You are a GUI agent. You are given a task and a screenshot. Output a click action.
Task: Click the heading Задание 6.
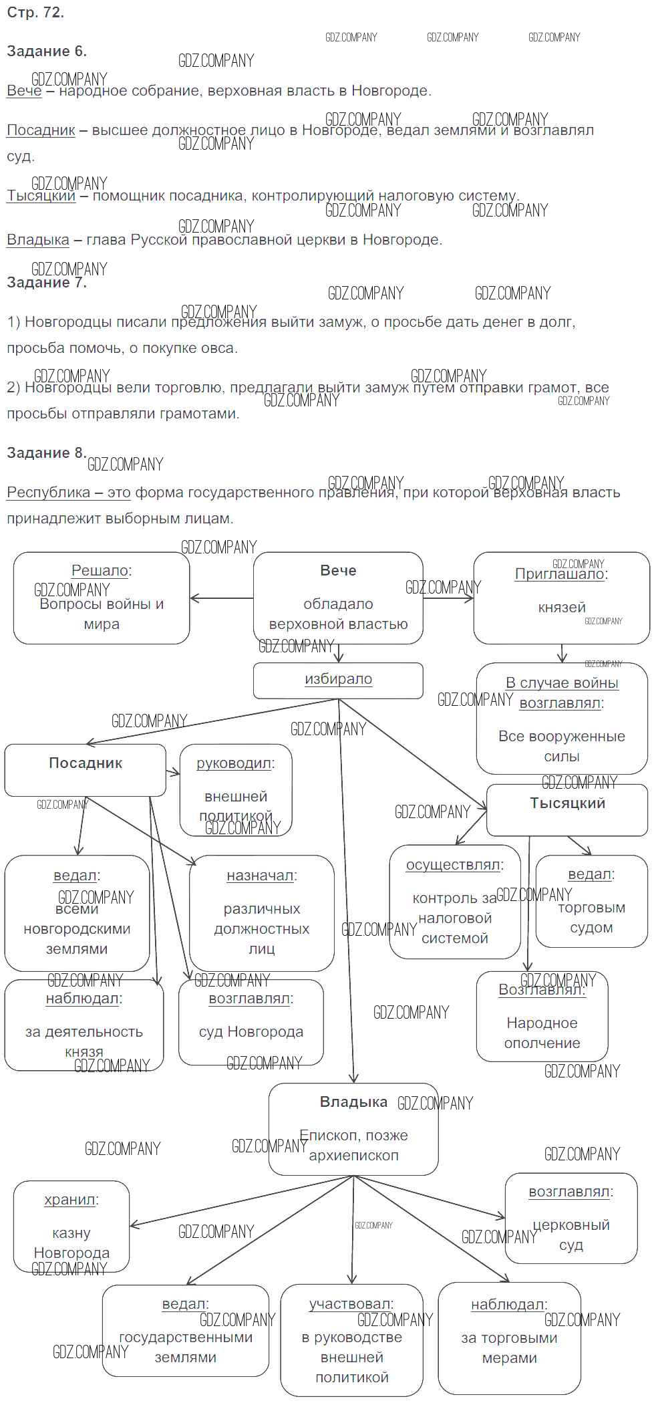tap(47, 51)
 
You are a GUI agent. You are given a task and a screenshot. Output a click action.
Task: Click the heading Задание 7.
tap(47, 283)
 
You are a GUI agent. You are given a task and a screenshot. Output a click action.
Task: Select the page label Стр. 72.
tap(35, 13)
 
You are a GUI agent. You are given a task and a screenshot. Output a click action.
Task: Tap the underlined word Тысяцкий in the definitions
tap(41, 196)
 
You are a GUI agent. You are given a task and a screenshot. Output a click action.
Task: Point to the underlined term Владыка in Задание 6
tap(38, 240)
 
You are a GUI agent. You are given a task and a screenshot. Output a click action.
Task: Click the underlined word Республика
tap(48, 493)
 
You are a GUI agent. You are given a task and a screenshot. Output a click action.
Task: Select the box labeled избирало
tap(338, 680)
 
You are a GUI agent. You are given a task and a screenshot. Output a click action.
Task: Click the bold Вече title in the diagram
tap(338, 571)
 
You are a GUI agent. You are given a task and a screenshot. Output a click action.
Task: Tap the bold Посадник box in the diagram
tap(86, 769)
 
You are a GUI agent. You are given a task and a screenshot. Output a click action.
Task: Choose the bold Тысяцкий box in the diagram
tap(567, 809)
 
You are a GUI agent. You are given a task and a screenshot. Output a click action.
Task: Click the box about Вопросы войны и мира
tap(102, 598)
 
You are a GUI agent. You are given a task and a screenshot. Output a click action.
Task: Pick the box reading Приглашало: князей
tap(561, 598)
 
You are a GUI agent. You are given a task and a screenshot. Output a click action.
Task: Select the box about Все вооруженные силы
tap(561, 719)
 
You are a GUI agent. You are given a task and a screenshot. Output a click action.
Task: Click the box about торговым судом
tap(591, 900)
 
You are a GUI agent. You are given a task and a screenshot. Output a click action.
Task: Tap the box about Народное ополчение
tap(542, 1016)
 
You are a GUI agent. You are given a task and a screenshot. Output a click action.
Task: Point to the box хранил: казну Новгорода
tap(71, 1226)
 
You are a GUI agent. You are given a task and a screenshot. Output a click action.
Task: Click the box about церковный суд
tap(570, 1218)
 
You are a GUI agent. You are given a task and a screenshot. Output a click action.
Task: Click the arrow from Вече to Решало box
tap(221, 598)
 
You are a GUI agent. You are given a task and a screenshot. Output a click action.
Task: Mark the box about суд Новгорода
tap(251, 1022)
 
